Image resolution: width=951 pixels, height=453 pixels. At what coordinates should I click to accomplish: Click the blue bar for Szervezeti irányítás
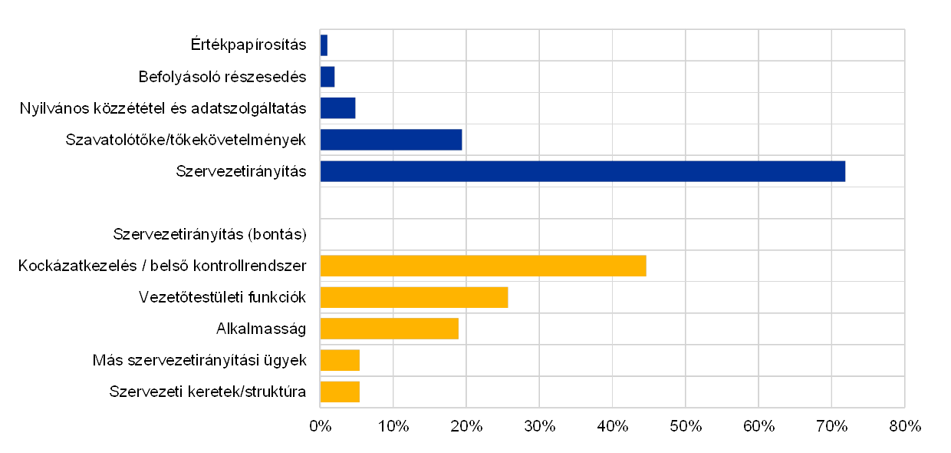tap(583, 171)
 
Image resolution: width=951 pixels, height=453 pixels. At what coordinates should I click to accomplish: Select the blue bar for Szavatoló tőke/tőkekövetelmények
tap(391, 140)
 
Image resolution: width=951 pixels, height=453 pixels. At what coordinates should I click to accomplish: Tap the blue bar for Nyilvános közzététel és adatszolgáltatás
tap(338, 108)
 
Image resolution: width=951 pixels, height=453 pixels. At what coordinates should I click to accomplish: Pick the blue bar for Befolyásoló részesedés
tap(327, 77)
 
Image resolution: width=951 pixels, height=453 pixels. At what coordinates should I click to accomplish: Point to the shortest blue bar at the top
tap(324, 45)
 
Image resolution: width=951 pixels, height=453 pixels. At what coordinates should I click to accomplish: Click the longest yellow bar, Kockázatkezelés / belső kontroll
tap(483, 266)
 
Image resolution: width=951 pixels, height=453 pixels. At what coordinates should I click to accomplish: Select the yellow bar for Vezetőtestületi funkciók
tap(414, 297)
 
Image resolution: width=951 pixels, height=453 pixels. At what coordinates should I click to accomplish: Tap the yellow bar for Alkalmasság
tap(390, 329)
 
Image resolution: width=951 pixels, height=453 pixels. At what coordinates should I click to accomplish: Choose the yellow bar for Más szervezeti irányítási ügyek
tap(340, 360)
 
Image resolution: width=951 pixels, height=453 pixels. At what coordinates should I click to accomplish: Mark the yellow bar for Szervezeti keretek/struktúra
tap(340, 392)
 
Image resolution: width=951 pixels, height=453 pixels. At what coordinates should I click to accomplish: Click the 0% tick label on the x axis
tap(320, 426)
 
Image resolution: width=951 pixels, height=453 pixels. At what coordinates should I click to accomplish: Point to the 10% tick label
tap(393, 426)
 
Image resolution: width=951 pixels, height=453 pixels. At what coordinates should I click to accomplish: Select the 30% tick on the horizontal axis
tap(539, 426)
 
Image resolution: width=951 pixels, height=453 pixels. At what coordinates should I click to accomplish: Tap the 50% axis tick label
tap(686, 426)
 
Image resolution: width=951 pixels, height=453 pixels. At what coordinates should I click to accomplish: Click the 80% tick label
tap(905, 426)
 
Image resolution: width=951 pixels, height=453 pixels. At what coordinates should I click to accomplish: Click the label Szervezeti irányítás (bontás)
tap(209, 234)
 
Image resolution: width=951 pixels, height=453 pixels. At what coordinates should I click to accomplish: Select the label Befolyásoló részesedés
tap(224, 77)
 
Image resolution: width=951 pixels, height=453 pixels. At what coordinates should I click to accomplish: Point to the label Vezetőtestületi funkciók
tap(222, 297)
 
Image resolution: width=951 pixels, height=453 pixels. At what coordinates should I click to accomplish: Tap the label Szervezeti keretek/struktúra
tap(208, 392)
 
